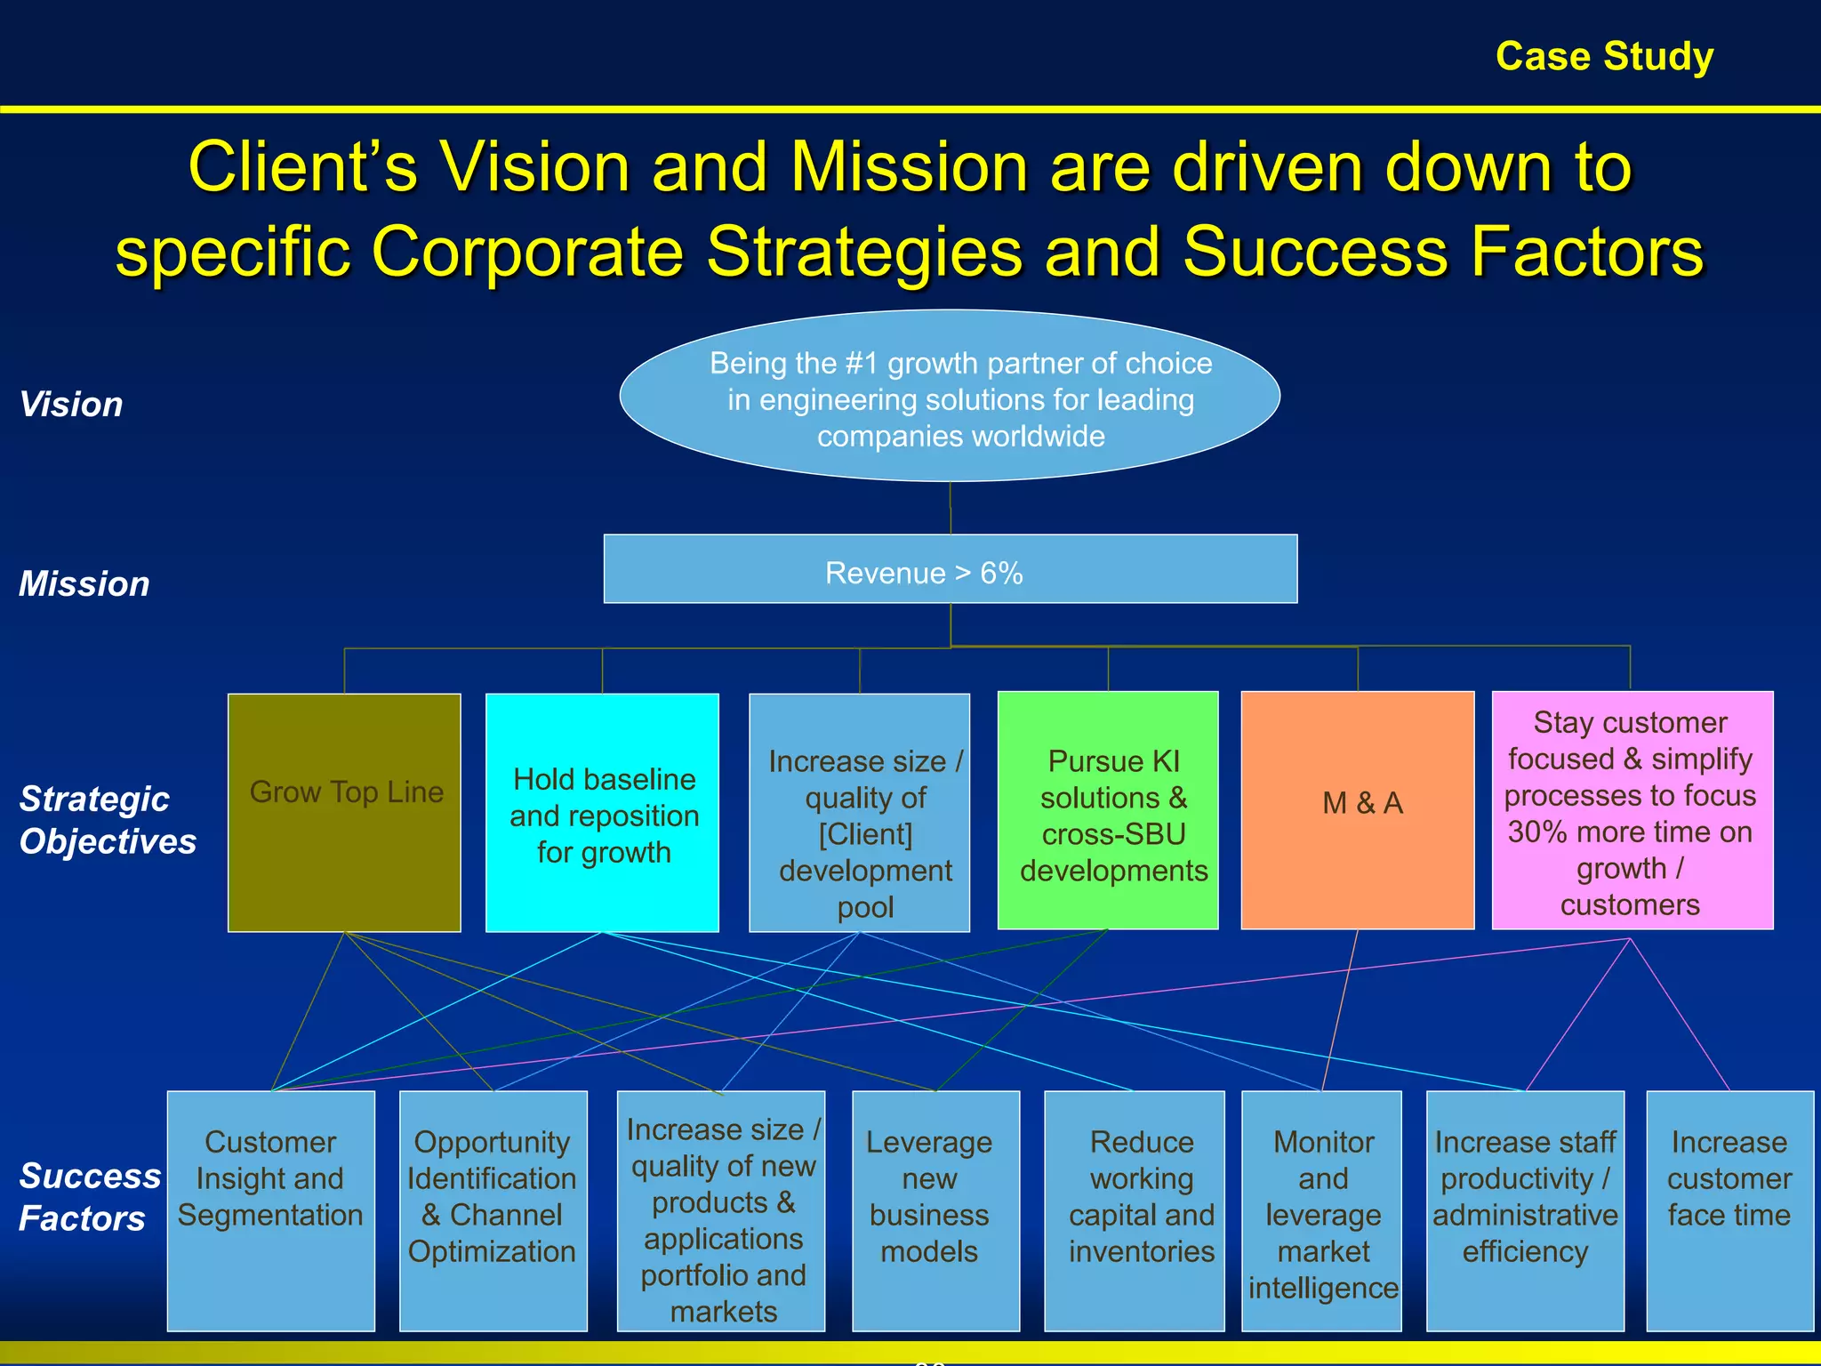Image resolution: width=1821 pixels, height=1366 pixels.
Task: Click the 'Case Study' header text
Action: tap(1604, 56)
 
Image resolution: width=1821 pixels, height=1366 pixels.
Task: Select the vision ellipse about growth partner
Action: tap(950, 397)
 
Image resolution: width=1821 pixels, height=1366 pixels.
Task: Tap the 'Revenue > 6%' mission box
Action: tap(950, 569)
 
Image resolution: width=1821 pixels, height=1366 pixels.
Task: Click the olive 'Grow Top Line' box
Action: tap(344, 812)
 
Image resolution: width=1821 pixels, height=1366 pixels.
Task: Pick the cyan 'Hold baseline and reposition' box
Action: tap(602, 812)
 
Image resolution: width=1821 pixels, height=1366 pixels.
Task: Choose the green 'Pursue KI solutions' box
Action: tap(1108, 810)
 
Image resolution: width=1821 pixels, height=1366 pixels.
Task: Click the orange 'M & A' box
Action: tap(1358, 810)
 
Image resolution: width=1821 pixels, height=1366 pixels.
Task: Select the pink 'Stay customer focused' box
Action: tap(1632, 810)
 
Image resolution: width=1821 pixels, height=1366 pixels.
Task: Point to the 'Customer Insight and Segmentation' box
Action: tap(270, 1209)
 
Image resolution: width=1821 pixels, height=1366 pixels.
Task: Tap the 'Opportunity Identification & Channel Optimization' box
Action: tap(493, 1209)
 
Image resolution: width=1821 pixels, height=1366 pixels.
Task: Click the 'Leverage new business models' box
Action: tap(935, 1209)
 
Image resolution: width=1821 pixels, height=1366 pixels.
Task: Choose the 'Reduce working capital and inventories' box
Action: tap(1134, 1209)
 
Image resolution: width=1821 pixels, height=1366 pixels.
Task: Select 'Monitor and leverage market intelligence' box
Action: tap(1321, 1209)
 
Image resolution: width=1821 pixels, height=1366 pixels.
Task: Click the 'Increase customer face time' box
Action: tap(1729, 1209)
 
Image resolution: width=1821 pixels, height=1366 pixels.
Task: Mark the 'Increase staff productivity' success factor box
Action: tap(1525, 1209)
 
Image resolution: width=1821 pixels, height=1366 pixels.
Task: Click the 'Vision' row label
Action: tap(71, 405)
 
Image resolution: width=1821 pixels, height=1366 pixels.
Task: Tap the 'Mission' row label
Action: tap(84, 584)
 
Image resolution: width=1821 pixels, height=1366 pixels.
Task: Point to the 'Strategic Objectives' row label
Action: tap(107, 820)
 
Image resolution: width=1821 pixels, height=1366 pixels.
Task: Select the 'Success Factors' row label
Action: tap(89, 1197)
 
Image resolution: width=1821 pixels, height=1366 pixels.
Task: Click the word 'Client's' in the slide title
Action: tap(302, 167)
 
